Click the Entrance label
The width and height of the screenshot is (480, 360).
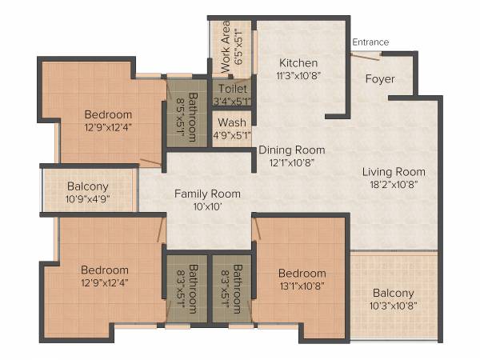pos(370,42)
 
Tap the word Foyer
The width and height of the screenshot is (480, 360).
pos(381,78)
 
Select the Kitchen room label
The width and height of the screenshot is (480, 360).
pos(298,62)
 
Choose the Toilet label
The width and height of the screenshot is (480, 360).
pos(232,89)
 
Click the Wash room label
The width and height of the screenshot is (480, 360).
pos(231,122)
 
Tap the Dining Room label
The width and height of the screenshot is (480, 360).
pos(291,150)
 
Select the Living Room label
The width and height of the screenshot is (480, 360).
pos(394,171)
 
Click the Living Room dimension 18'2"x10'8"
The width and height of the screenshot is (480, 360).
pos(394,184)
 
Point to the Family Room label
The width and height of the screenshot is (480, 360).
pos(207,193)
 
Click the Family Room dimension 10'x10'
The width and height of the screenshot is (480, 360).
pos(207,206)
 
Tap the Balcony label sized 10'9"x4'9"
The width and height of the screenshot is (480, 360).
pos(88,186)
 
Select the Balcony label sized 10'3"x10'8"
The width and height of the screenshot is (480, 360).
pos(393,292)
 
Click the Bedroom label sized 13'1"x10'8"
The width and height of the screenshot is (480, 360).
pos(302,273)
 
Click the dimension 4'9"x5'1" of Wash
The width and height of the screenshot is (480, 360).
pos(232,134)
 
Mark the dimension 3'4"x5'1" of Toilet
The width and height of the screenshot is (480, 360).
pos(232,101)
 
